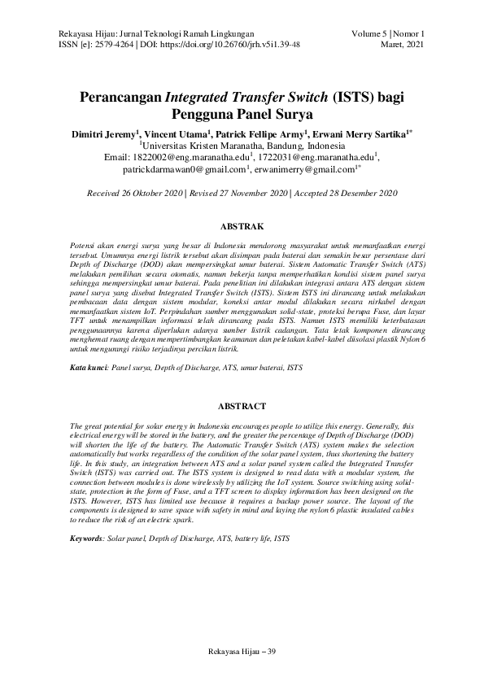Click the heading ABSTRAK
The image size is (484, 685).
coord(242,222)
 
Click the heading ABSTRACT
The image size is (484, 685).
coord(242,405)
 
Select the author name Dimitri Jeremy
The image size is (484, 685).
coord(105,133)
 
